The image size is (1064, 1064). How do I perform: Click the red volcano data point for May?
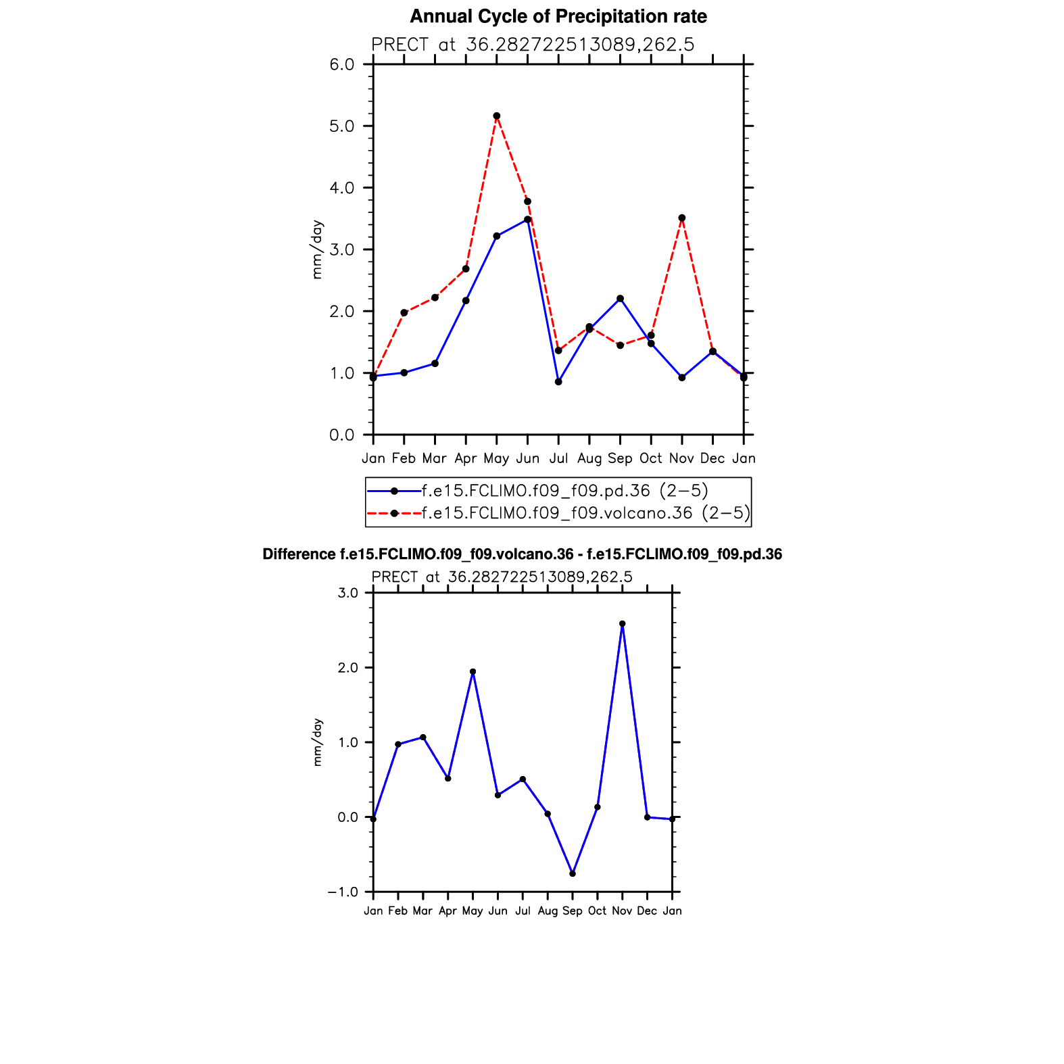tap(497, 116)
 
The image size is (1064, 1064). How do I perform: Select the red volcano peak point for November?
tap(682, 218)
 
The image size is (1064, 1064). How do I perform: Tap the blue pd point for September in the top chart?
tap(621, 298)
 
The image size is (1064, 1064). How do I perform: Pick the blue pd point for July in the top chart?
tap(558, 382)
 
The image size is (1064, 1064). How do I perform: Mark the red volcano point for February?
tap(404, 312)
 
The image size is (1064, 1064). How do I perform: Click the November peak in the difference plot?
tap(623, 624)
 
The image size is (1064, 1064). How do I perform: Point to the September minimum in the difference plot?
tap(573, 874)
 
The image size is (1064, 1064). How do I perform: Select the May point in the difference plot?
tap(473, 672)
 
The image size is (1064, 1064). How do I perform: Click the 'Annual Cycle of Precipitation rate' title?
tap(558, 16)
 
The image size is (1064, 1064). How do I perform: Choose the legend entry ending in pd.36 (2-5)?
tap(564, 491)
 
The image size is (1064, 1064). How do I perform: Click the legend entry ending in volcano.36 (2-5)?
tap(585, 513)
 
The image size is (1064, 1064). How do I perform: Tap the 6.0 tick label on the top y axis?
tap(342, 65)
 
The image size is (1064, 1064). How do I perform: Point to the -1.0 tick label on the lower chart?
tap(343, 892)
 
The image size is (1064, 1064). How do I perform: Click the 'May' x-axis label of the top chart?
tap(496, 458)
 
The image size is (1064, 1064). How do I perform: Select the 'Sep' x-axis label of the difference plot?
tap(573, 911)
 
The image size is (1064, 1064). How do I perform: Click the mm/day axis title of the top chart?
tap(317, 249)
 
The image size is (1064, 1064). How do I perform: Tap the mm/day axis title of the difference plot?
tap(318, 742)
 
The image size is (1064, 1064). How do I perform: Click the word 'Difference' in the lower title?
tap(298, 555)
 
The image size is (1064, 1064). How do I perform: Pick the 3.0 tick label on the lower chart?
tap(347, 593)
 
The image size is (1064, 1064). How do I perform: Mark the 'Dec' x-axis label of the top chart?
tap(712, 458)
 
